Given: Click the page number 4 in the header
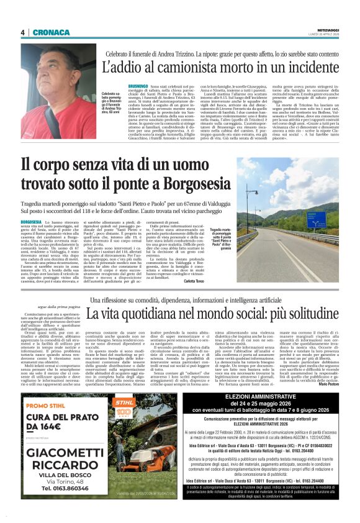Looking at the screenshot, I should [22, 33].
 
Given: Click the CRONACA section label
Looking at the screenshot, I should [45, 33].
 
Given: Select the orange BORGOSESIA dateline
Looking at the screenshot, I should [32, 221].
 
